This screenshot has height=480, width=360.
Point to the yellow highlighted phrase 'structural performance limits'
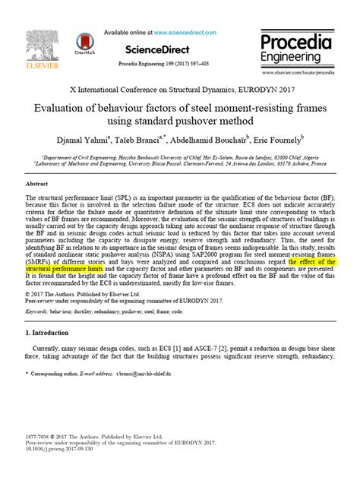click(65, 270)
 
